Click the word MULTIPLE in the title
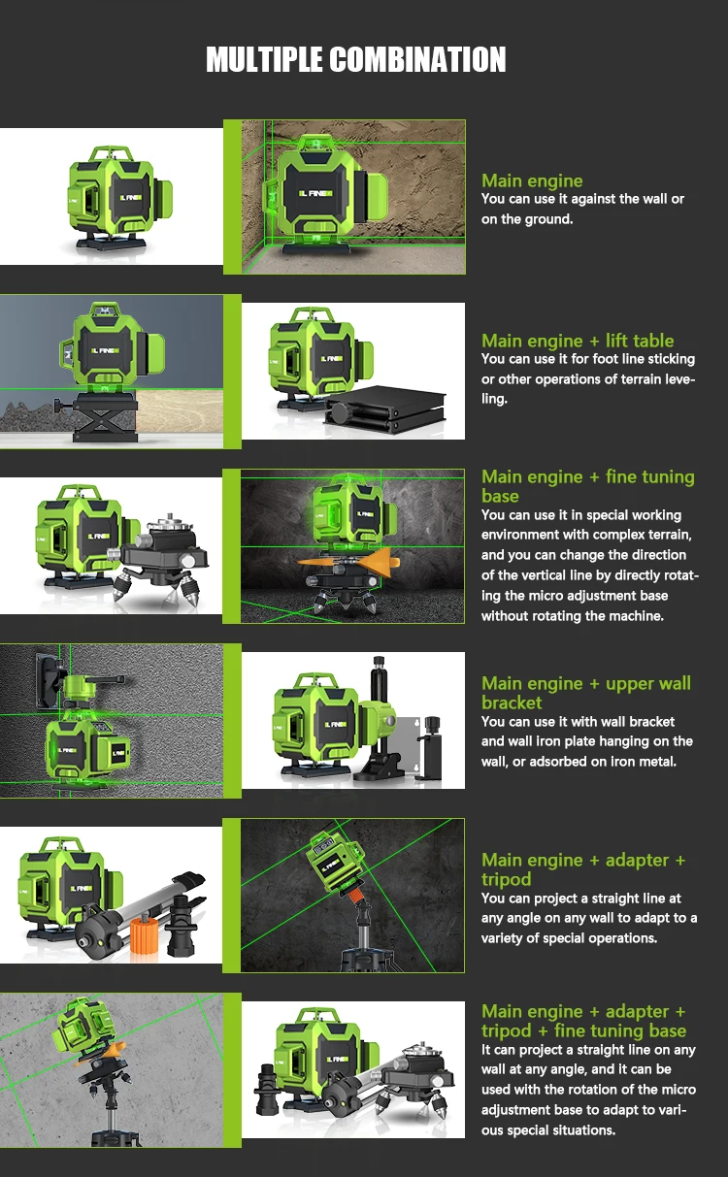pos(264,59)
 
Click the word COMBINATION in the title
pos(418,59)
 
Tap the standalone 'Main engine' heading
pos(532,180)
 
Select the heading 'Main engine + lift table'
pos(578,341)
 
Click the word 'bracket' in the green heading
pos(512,703)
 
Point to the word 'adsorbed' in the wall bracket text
pos(567,762)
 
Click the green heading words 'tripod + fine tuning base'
pos(583,1030)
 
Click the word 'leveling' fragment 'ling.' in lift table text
pos(494,399)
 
